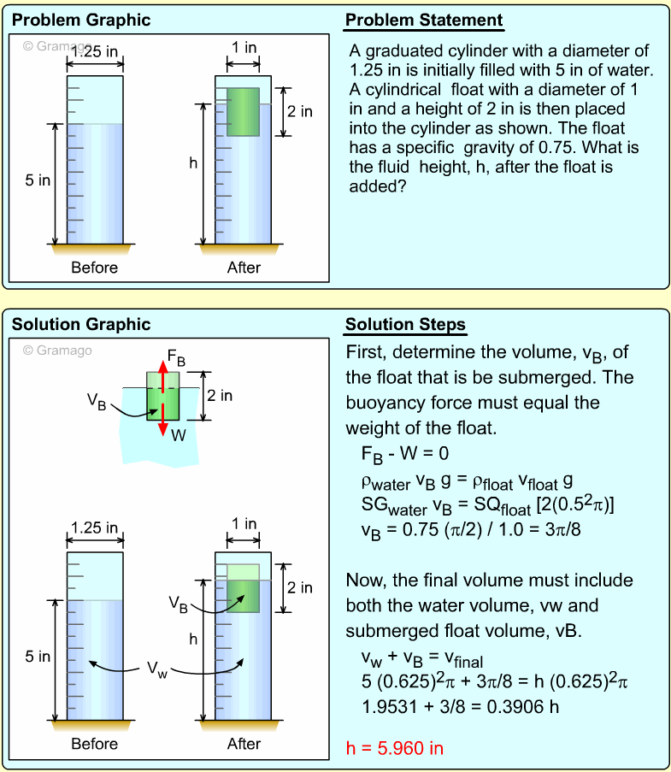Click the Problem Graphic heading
click(81, 20)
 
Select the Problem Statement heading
click(424, 20)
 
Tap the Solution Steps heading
click(405, 325)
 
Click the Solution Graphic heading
click(81, 324)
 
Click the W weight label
click(178, 435)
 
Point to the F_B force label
click(177, 356)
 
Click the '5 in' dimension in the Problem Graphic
click(38, 181)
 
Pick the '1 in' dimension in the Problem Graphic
click(244, 48)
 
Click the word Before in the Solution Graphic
click(94, 744)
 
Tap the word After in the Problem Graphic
click(244, 268)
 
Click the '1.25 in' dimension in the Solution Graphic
click(95, 527)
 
